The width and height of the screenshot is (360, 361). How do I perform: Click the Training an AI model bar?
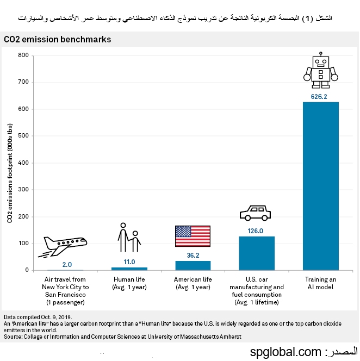point(320,186)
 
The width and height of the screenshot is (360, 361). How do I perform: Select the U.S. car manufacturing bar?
point(257,253)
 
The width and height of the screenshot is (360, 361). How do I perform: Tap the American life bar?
point(193,265)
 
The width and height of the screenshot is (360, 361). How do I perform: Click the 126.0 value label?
point(256,231)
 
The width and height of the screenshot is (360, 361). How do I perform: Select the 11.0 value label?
point(129,262)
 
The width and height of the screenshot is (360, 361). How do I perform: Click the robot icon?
point(321,70)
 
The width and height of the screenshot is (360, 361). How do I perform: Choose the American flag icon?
point(193,236)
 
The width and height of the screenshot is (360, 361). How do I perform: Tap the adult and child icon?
point(129,238)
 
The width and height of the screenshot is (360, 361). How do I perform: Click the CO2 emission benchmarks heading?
point(58,40)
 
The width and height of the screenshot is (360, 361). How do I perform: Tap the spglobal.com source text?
point(286,352)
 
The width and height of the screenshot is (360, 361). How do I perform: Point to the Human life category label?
point(129,283)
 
